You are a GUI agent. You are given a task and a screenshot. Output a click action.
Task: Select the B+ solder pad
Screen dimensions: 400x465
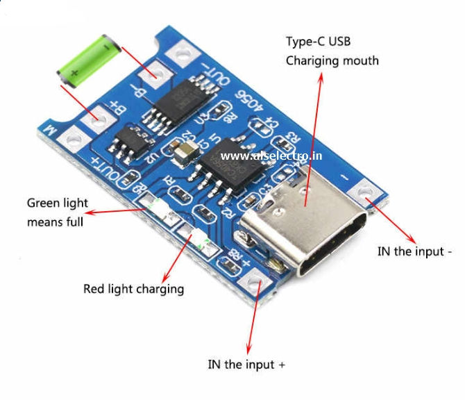95,119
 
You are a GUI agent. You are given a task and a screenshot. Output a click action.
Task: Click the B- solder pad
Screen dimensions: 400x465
160,72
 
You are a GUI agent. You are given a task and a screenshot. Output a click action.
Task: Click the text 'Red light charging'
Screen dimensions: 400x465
133,288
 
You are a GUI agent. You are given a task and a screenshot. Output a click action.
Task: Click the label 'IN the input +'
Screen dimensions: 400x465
246,363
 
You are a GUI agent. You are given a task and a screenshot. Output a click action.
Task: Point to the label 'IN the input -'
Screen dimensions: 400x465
415,251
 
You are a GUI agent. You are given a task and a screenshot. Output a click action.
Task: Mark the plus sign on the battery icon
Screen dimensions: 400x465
74,72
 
